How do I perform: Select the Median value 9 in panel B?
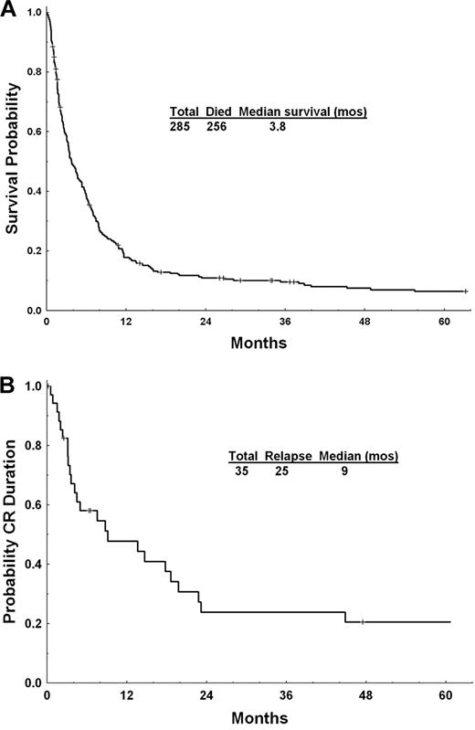(343, 471)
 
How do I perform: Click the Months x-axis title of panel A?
(257, 344)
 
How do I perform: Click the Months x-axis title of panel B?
(257, 718)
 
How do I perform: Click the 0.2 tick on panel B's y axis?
(34, 623)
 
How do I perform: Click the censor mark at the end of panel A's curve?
(465, 291)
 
